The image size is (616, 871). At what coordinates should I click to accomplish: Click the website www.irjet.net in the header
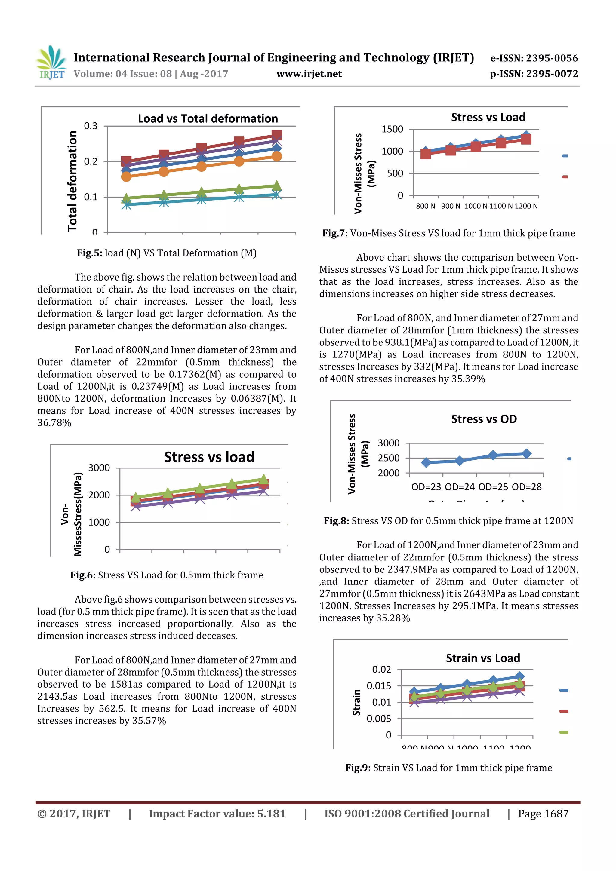pyautogui.click(x=309, y=74)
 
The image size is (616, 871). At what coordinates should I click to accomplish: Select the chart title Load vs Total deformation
pyautogui.click(x=208, y=119)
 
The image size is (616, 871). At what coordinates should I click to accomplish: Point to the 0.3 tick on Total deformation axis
pyautogui.click(x=91, y=126)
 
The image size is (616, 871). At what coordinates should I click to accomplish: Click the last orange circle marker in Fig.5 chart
pyautogui.click(x=277, y=156)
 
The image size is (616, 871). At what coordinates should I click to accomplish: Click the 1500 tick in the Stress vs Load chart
pyautogui.click(x=392, y=129)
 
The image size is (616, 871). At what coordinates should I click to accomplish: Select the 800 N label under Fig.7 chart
pyautogui.click(x=426, y=206)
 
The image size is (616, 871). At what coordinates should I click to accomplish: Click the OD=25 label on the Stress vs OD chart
pyautogui.click(x=493, y=487)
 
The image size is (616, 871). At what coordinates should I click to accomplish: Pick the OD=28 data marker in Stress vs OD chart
pyautogui.click(x=526, y=454)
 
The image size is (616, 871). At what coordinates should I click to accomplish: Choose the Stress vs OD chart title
pyautogui.click(x=484, y=419)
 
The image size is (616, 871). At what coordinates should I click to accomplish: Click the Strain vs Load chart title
pyautogui.click(x=483, y=658)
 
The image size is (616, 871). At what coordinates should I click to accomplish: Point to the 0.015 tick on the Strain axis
pyautogui.click(x=378, y=686)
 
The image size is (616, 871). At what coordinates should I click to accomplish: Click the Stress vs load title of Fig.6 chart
pyautogui.click(x=209, y=457)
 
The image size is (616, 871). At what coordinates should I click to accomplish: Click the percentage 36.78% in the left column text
pyautogui.click(x=54, y=423)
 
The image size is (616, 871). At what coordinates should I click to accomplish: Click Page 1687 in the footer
pyautogui.click(x=543, y=814)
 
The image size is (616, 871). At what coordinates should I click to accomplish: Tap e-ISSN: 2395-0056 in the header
pyautogui.click(x=534, y=58)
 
